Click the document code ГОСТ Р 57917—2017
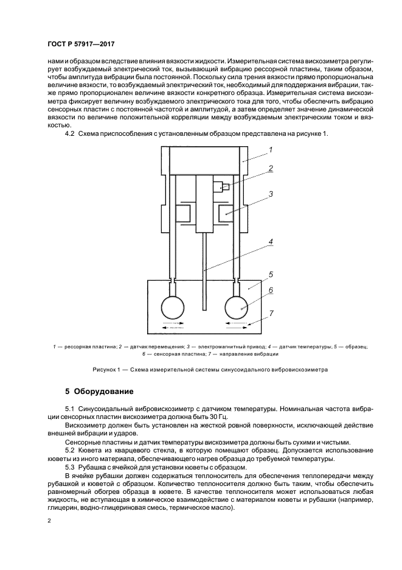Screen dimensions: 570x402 pos(81,45)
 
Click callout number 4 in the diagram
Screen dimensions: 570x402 pos(271,242)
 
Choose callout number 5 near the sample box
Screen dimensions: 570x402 pos(271,274)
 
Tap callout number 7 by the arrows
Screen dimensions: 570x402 pos(271,313)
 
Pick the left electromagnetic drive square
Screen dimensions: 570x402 pos(182,214)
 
